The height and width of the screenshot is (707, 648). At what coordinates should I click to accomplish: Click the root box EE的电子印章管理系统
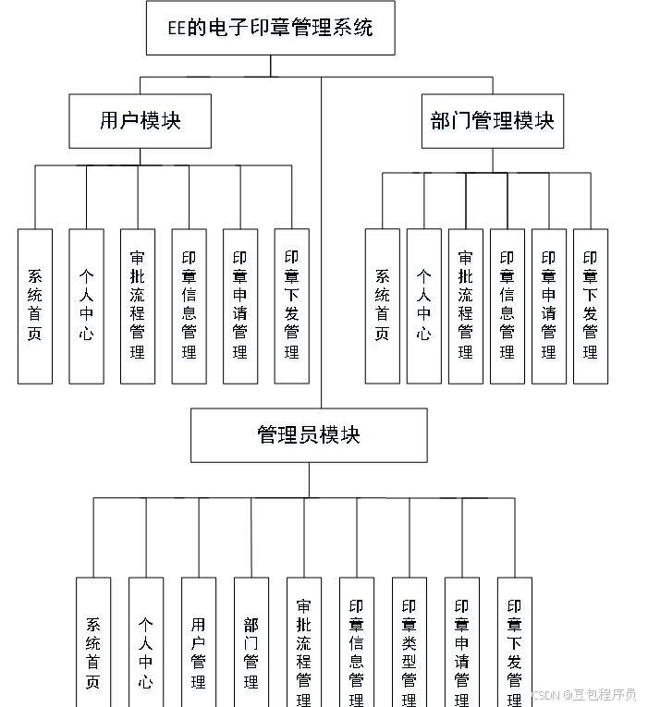click(x=271, y=28)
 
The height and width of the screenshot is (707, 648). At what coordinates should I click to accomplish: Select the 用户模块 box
click(x=140, y=120)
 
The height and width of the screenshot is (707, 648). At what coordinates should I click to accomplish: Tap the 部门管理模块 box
click(x=492, y=120)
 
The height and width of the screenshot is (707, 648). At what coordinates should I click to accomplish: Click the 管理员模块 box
click(x=309, y=435)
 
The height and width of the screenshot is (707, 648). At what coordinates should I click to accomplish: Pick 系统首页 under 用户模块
click(x=35, y=305)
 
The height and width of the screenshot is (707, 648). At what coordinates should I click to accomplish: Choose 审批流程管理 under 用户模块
click(x=138, y=305)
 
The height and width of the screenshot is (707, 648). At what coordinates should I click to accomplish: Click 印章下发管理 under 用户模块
click(x=292, y=305)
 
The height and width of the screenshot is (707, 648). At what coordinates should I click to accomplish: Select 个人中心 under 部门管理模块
click(x=423, y=305)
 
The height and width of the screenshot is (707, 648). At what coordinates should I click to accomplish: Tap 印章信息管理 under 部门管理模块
click(x=507, y=305)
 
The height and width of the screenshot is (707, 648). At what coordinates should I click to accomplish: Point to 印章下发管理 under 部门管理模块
click(x=590, y=305)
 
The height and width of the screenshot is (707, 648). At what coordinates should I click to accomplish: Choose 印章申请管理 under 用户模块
click(x=240, y=305)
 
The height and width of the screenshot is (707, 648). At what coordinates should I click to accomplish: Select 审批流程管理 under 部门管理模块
click(x=465, y=305)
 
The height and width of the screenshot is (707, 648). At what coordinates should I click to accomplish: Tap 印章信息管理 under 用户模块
click(x=189, y=305)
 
